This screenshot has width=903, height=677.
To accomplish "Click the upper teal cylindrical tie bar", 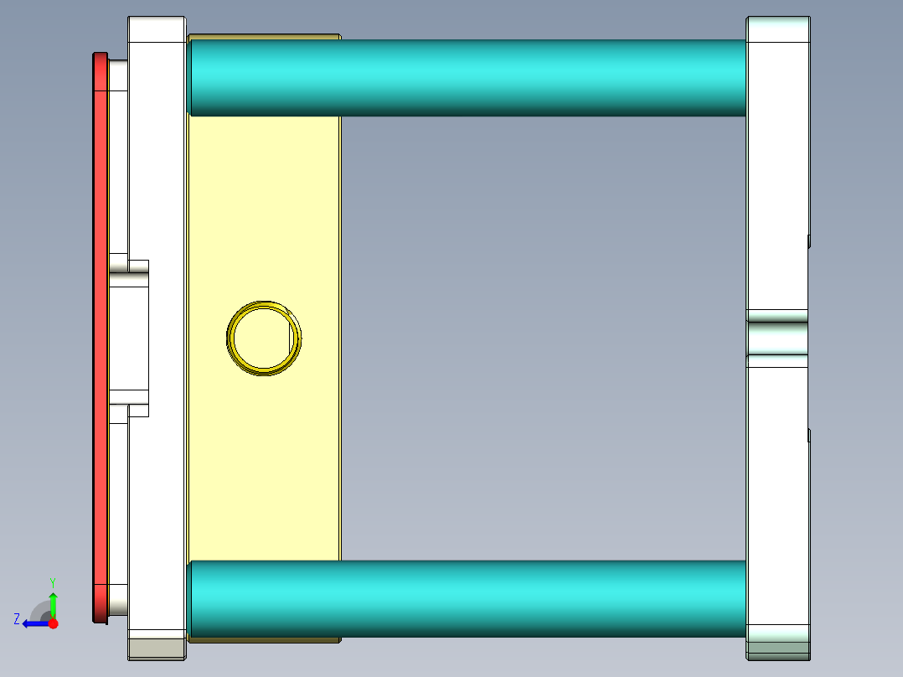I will tap(469, 77).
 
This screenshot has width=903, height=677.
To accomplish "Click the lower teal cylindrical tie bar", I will tap(469, 598).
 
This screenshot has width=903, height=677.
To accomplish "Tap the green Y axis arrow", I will tap(53, 603).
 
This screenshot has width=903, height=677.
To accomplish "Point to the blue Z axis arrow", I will tap(34, 623).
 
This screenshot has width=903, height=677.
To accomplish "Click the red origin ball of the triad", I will tap(53, 623).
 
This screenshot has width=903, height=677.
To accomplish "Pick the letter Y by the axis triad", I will tap(53, 581).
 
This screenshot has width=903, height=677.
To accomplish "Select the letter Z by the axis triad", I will tap(17, 619).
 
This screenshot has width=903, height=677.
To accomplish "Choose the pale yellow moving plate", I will tap(264, 461).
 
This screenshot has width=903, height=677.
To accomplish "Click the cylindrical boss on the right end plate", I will tap(777, 338).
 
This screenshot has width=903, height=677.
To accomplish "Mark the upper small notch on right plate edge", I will tap(809, 241).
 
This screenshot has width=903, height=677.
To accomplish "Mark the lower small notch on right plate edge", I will tap(809, 435).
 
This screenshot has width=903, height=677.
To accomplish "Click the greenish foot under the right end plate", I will tap(778, 649).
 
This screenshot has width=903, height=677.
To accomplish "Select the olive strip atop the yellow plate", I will tap(264, 37).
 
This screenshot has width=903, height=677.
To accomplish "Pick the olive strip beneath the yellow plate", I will tap(264, 640).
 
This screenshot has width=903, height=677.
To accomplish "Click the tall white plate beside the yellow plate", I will tap(157, 335).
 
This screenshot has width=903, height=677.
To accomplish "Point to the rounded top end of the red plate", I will tap(101, 57).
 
